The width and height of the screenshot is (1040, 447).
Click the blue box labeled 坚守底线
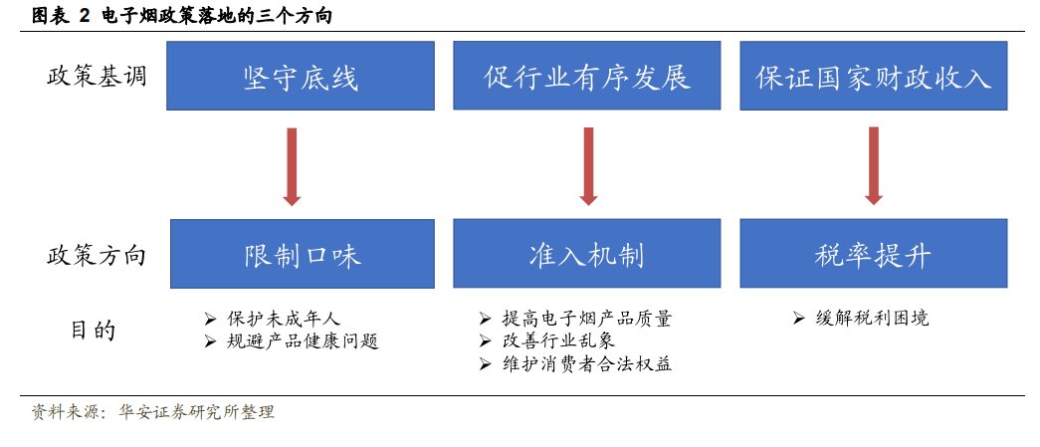(x=301, y=76)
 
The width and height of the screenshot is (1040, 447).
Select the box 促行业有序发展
(x=587, y=76)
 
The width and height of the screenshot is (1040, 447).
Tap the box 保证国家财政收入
(x=874, y=76)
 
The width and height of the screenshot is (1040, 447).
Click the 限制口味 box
(x=303, y=254)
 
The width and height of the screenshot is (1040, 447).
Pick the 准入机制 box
(x=587, y=254)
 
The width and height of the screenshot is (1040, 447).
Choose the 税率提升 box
(x=874, y=254)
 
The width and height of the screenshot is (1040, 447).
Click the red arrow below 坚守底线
(x=292, y=166)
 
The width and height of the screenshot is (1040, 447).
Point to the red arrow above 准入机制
(x=588, y=166)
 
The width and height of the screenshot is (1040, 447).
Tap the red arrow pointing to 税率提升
(x=874, y=166)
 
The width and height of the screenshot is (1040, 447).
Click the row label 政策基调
(x=97, y=77)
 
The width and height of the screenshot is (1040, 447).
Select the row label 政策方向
(x=97, y=256)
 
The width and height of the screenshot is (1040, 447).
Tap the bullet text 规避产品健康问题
(x=303, y=341)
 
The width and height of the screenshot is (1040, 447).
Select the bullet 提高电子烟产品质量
(x=587, y=319)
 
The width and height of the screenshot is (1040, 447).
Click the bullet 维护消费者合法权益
(x=587, y=364)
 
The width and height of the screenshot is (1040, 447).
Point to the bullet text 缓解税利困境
(x=872, y=319)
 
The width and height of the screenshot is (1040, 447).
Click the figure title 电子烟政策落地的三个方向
(x=217, y=17)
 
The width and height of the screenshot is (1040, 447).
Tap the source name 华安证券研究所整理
(x=196, y=412)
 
